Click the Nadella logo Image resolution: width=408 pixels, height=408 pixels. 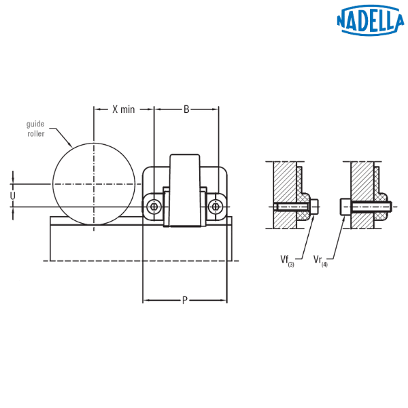tap(370, 20)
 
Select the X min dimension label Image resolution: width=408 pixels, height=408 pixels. tap(124, 109)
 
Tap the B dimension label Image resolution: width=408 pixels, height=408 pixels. tap(186, 109)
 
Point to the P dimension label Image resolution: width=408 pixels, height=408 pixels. tap(185, 301)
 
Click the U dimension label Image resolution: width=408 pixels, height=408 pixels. tap(12, 196)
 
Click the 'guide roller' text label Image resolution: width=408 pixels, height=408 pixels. tap(35, 129)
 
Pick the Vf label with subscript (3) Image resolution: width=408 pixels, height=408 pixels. tap(287, 260)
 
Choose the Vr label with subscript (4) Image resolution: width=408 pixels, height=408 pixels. tap(320, 260)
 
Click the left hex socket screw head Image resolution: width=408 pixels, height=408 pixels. tap(154, 207)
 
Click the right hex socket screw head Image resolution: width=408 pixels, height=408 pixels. tap(216, 207)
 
